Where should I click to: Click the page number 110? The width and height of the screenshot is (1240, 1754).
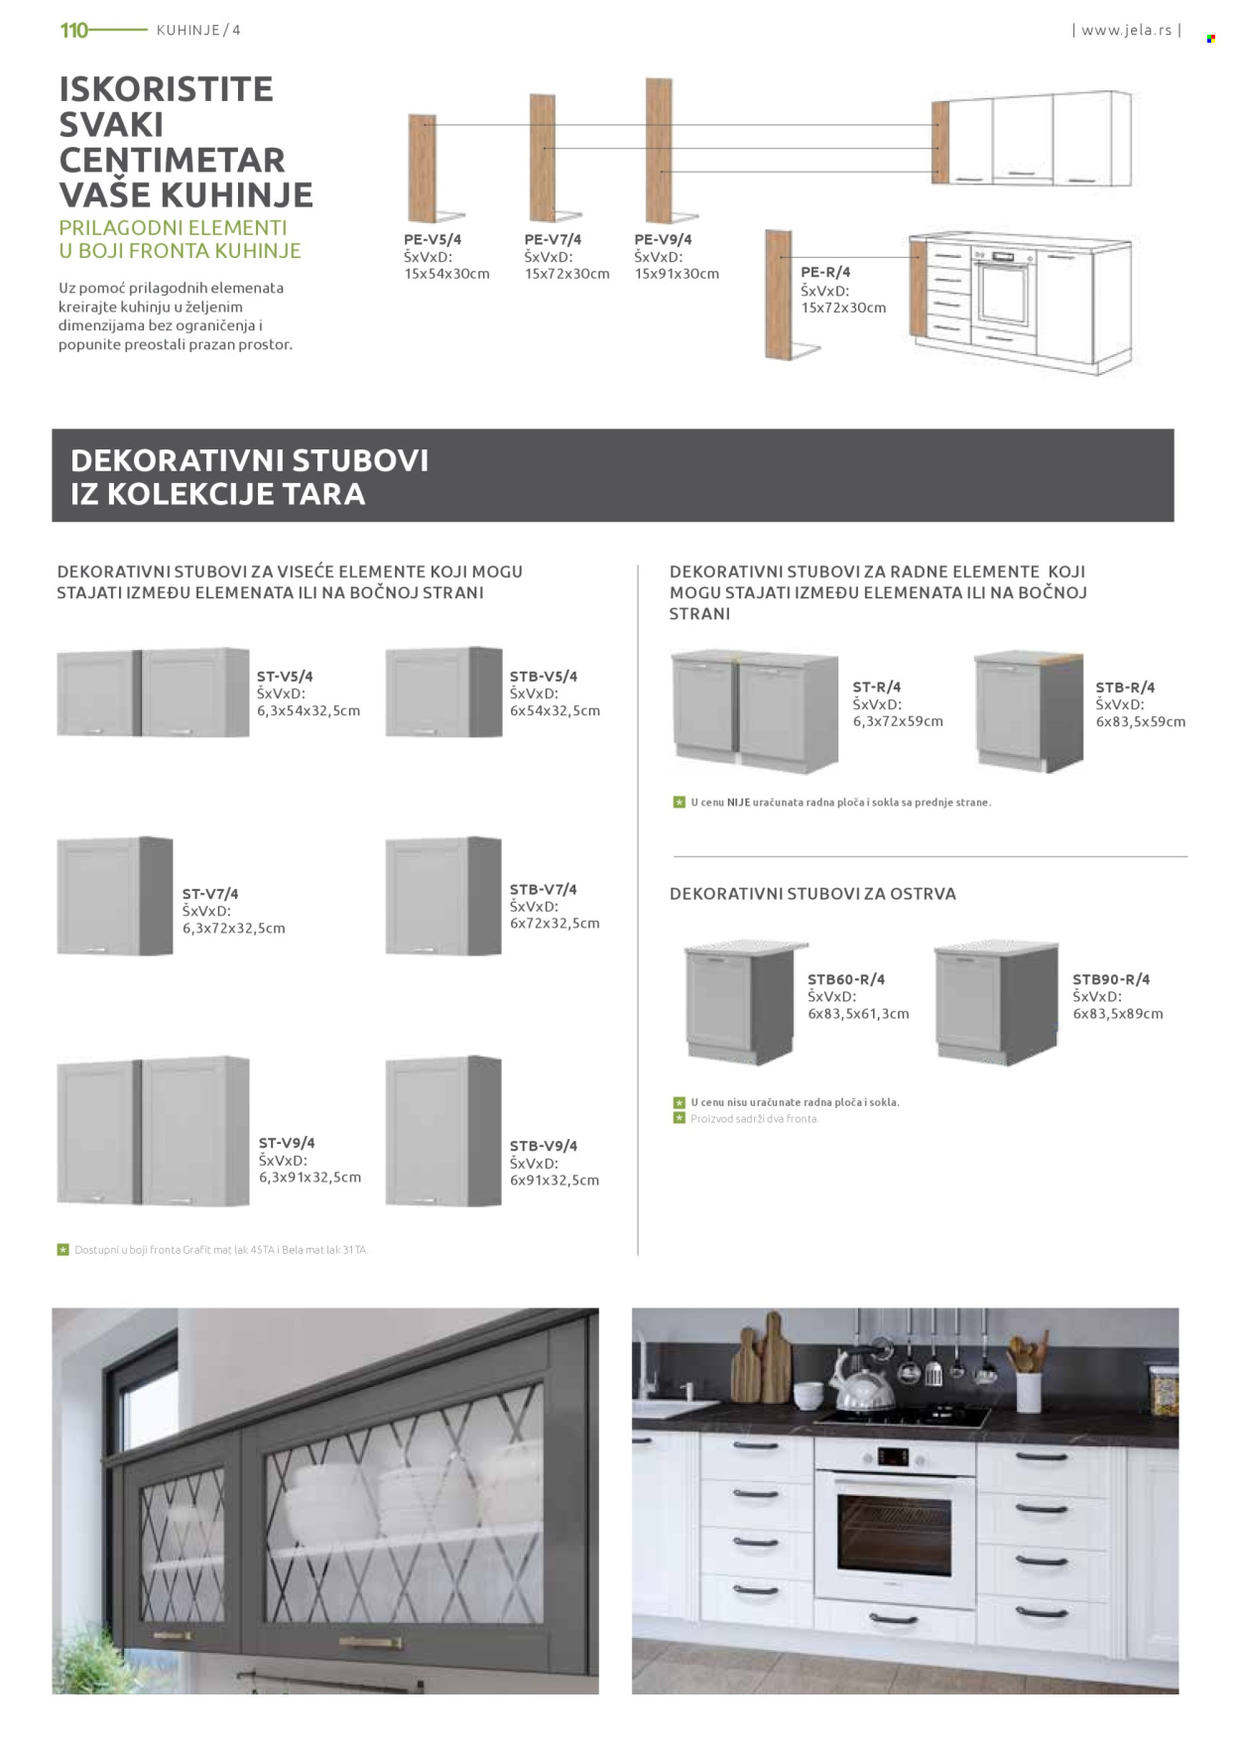tap(73, 30)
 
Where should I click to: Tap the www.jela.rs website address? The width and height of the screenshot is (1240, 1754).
tap(1126, 30)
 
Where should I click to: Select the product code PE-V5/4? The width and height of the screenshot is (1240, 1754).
tap(433, 239)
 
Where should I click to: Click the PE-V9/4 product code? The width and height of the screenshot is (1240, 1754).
tap(663, 239)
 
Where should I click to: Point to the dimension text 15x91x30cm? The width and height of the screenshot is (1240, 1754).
tap(677, 274)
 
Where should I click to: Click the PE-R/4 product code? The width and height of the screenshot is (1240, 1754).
tap(825, 272)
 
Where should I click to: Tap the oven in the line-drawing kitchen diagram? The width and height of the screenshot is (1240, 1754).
tap(1003, 291)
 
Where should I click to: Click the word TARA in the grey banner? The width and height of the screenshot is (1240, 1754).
tap(323, 494)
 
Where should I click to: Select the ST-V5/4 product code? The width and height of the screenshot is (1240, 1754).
tap(285, 677)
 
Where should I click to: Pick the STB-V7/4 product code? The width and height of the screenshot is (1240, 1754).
tap(543, 890)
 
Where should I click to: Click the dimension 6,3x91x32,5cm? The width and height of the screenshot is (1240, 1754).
tap(310, 1178)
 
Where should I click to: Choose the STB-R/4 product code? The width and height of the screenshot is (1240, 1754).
tap(1125, 688)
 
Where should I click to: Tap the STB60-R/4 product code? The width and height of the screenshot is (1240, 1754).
tap(846, 979)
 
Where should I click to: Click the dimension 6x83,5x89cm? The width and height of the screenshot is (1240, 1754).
tap(1117, 1014)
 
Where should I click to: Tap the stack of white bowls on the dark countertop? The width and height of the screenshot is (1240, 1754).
tap(809, 1395)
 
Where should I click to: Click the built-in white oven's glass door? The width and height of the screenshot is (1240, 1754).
tap(894, 1534)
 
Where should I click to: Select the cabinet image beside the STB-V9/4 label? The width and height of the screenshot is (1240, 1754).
tap(443, 1132)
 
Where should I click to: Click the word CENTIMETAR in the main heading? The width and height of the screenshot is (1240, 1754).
tap(172, 160)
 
